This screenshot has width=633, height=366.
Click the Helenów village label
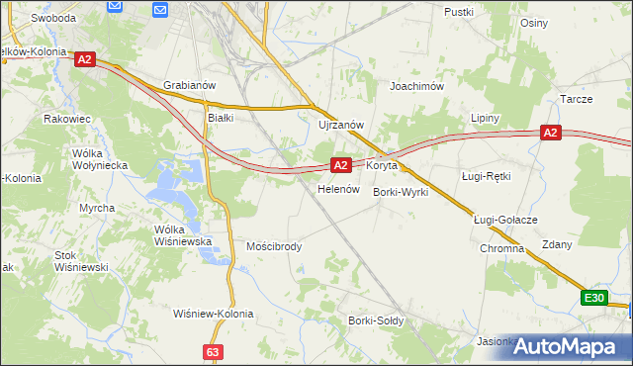pos(336,189)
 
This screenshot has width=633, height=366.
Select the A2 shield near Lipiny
pos(551,133)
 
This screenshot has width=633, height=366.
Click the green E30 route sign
pos(593,298)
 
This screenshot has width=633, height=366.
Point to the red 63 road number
pos(214,351)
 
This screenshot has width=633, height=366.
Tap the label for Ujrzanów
pos(342,125)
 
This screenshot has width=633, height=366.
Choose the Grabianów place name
pos(189,86)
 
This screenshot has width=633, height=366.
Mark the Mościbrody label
pos(274,246)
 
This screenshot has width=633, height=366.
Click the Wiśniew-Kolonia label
pos(214,314)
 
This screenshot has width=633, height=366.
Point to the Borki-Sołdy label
pos(374,320)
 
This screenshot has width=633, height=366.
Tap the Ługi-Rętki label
pos(486,176)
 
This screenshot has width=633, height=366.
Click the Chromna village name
pos(501,248)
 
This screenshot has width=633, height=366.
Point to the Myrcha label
pos(97,208)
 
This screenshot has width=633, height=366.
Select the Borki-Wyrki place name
pos(401,192)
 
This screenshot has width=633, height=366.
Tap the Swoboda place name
pos(53,18)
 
